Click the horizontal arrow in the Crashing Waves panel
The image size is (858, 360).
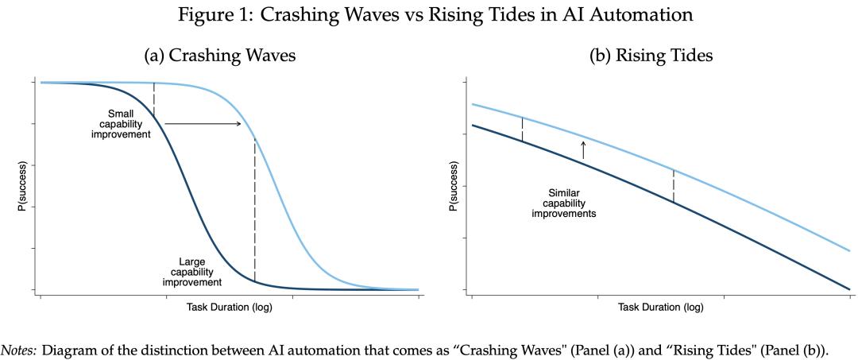pyautogui.click(x=203, y=123)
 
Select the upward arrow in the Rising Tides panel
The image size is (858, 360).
pyautogui.click(x=583, y=149)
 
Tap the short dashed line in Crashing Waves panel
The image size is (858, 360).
pyautogui.click(x=153, y=100)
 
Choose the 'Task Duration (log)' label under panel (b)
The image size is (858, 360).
pyautogui.click(x=660, y=307)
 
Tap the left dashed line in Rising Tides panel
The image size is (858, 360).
pyautogui.click(x=522, y=130)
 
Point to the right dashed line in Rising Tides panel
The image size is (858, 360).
pyautogui.click(x=674, y=186)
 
